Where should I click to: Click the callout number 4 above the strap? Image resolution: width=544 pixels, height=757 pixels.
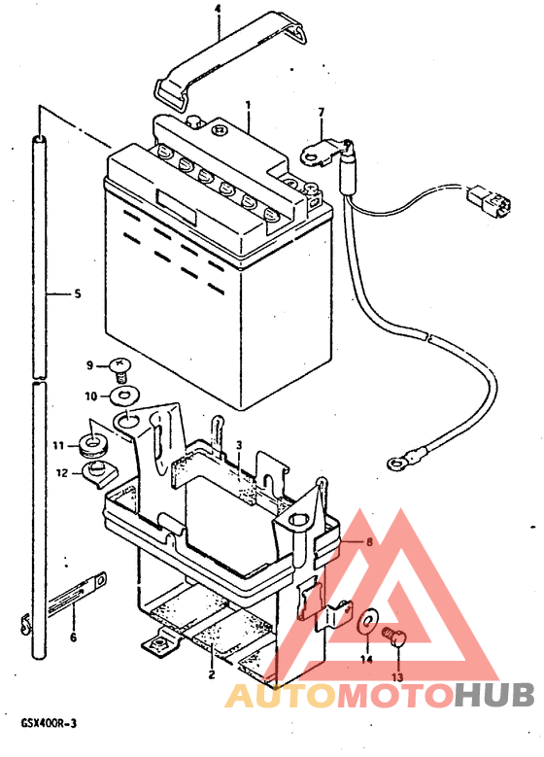[x=219, y=8]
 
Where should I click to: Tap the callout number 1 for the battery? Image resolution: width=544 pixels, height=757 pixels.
[x=248, y=105]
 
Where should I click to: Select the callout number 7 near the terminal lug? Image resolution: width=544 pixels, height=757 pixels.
[x=322, y=113]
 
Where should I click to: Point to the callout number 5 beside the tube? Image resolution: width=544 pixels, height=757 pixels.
[x=78, y=293]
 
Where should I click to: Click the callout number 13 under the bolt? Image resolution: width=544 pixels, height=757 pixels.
[x=396, y=677]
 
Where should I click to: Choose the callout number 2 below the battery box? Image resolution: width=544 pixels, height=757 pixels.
[x=212, y=674]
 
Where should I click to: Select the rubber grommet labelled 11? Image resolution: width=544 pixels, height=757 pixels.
[x=93, y=445]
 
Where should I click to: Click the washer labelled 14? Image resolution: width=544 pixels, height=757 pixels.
[x=368, y=623]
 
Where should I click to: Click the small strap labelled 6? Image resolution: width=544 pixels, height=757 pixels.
[x=78, y=594]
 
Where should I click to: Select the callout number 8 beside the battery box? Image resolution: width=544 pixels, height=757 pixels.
[x=369, y=542]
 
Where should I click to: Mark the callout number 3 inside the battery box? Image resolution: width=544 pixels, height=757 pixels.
[x=238, y=445]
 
